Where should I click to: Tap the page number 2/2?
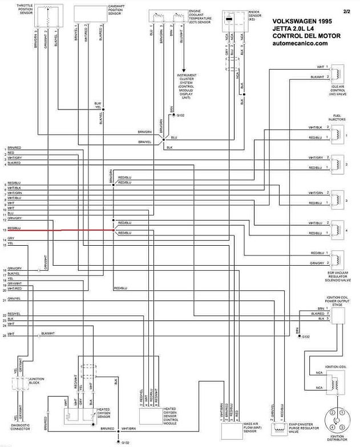[x=347, y=10]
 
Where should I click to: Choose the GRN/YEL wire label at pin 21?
[x=14, y=299]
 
